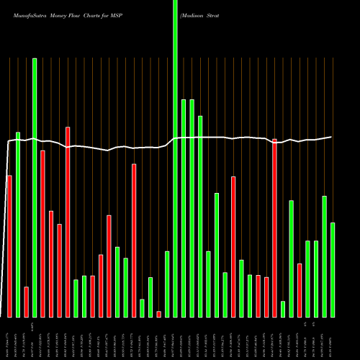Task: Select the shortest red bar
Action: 158,314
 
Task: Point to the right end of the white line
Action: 331,137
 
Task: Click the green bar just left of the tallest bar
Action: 167,284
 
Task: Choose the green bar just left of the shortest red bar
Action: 150,297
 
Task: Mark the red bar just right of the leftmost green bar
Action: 26,302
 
